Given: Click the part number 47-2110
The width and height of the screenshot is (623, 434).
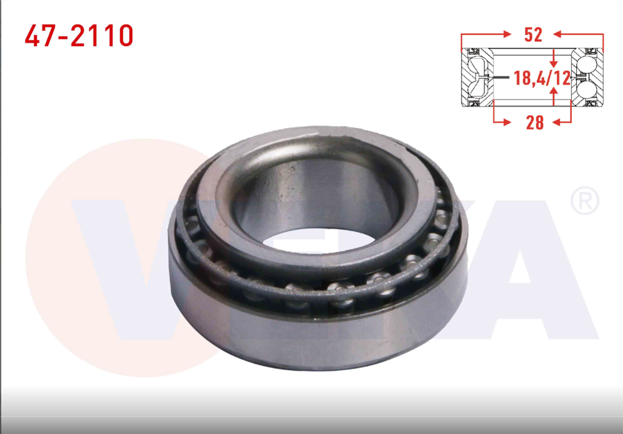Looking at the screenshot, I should (x=79, y=36).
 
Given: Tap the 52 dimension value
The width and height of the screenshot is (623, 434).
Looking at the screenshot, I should (x=533, y=35).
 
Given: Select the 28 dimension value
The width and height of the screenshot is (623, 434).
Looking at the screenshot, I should (x=535, y=122).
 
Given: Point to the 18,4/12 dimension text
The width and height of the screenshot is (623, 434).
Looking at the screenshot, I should (x=541, y=78).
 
